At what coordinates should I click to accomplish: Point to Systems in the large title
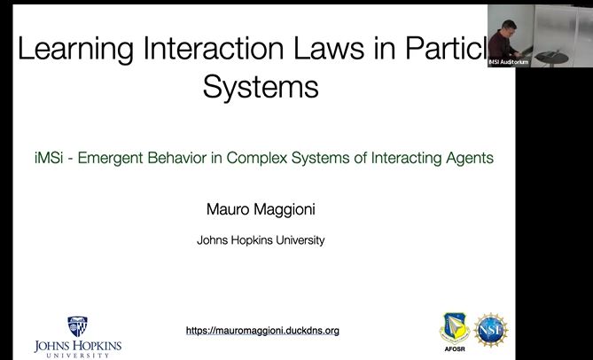point(260,87)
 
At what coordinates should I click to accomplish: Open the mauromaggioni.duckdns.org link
point(262,331)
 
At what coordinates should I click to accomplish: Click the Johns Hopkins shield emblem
point(78,326)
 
